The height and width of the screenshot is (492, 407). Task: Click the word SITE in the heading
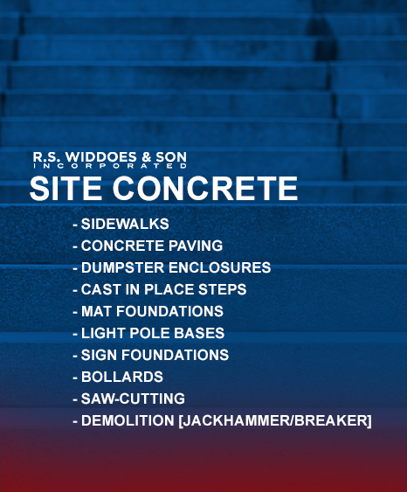[x=66, y=188]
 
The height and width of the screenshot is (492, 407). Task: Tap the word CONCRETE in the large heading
[x=205, y=188]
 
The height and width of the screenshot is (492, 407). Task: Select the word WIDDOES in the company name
[x=101, y=157]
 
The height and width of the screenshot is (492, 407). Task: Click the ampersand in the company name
[x=147, y=157]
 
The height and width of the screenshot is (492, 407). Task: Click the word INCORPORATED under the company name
[x=110, y=166]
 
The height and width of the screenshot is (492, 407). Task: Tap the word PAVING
[x=196, y=246]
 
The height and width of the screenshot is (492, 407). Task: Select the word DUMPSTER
[x=122, y=267]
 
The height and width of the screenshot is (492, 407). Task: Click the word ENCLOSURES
[x=220, y=267]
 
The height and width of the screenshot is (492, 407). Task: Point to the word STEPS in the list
[x=223, y=289]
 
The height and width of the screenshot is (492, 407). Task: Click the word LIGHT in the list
[x=103, y=333]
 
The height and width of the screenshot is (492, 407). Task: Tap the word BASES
[x=199, y=333]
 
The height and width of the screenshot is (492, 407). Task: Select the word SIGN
[x=99, y=355]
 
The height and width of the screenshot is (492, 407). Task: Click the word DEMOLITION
[x=128, y=420]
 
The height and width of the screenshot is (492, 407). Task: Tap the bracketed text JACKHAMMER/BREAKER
[x=275, y=420]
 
